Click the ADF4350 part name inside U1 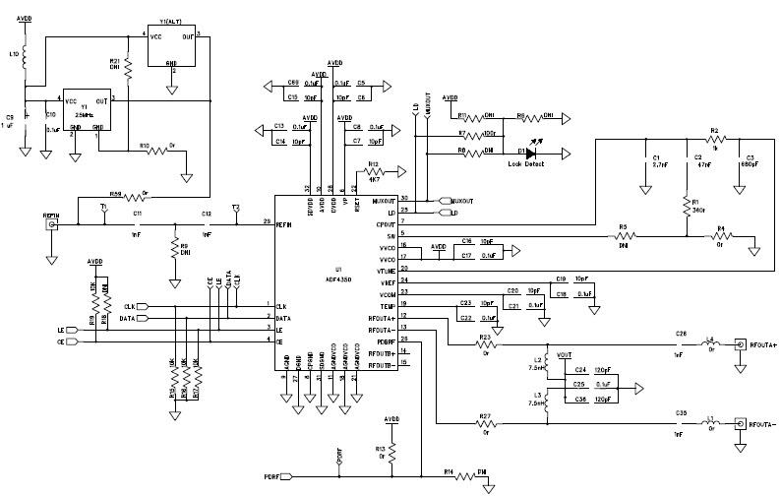pyautogui.click(x=339, y=275)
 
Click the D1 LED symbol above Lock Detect pyautogui.click(x=532, y=153)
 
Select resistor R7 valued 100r pyautogui.click(x=482, y=135)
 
